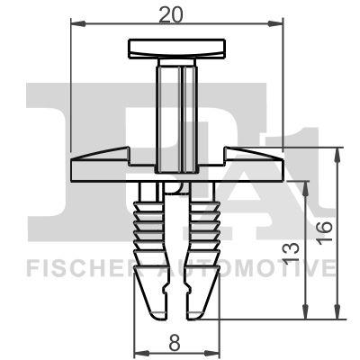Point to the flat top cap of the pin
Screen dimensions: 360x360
pos(175,47)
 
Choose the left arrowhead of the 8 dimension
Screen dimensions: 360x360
pos(137,352)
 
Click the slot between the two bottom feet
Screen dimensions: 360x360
pos(176,301)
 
